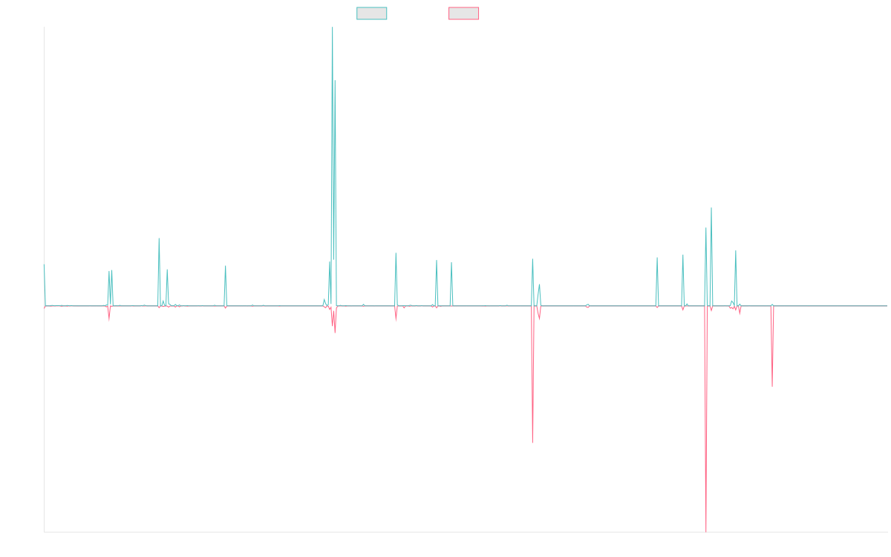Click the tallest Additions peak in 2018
pos(332,28)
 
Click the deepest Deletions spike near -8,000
pos(706,530)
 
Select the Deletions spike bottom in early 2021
pos(532,443)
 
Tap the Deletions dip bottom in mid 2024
pos(772,385)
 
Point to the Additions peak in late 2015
pos(159,238)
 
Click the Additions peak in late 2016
pos(226,266)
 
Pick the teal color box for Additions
pos(372,13)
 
